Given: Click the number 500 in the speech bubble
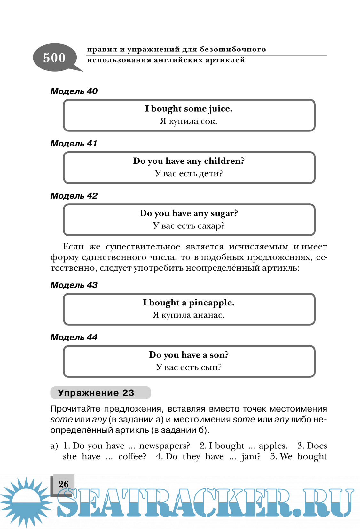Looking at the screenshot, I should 54,58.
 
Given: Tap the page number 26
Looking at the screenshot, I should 63,484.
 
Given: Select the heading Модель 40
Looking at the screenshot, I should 74,91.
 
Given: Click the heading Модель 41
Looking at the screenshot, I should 74,144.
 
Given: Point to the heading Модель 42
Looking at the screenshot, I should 74,196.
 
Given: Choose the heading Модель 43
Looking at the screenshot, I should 74,285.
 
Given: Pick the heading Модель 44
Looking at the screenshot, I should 74,337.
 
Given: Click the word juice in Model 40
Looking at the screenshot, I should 220,109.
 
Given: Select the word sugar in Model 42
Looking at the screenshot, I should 223,213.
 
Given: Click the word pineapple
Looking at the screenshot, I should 211,303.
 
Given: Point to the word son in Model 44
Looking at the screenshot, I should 218,355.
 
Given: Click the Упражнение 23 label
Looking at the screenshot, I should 96,393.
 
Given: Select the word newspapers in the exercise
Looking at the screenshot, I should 164,446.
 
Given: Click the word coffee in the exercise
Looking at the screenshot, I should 132,456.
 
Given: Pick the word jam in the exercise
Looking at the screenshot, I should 250,456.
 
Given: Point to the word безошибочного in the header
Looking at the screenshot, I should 232,49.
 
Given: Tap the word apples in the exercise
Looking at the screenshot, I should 273,446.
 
